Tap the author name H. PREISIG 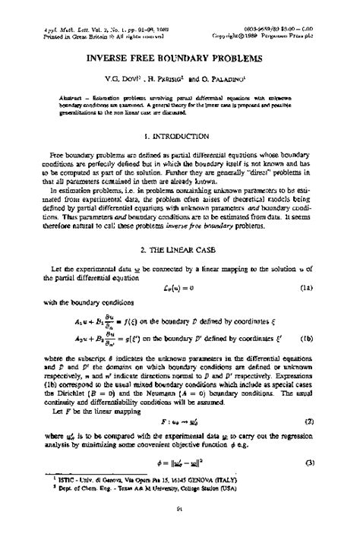[x=168, y=78]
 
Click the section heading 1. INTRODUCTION [x=180, y=137]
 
